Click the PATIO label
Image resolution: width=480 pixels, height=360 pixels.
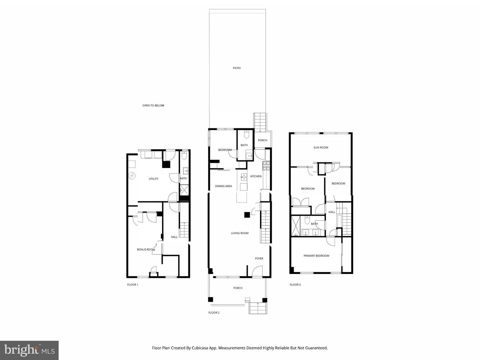click(x=237, y=68)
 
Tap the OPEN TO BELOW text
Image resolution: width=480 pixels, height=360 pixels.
click(x=153, y=106)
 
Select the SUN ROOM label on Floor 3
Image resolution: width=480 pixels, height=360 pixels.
click(x=321, y=147)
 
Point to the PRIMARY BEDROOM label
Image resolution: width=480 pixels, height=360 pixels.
click(x=316, y=256)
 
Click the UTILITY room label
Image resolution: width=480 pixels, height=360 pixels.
click(x=153, y=179)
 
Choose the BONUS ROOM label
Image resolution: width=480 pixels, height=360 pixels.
click(x=146, y=250)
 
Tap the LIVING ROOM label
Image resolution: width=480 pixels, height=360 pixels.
click(x=240, y=233)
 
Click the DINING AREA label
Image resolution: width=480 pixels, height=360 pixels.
click(x=223, y=186)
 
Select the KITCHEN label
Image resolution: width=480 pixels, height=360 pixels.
click(x=256, y=176)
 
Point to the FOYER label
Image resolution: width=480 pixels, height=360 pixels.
click(x=259, y=259)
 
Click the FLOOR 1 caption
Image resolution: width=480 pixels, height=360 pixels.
click(x=132, y=285)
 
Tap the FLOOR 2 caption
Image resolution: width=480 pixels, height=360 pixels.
click(x=214, y=313)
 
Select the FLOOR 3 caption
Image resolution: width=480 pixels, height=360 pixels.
click(x=295, y=285)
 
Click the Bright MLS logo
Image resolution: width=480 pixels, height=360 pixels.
click(x=29, y=350)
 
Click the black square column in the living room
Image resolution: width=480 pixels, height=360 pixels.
click(x=247, y=215)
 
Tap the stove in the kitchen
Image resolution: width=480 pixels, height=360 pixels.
click(x=266, y=164)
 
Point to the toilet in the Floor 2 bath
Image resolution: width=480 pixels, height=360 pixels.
click(x=246, y=134)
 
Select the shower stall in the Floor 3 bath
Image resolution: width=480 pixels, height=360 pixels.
click(x=296, y=226)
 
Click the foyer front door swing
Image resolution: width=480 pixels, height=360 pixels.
click(x=257, y=272)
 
